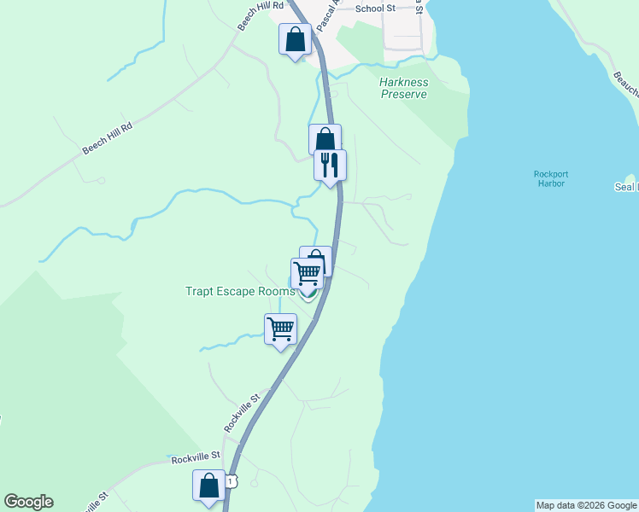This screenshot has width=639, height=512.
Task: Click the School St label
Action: [x=376, y=9]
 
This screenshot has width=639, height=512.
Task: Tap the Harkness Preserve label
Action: [x=403, y=88]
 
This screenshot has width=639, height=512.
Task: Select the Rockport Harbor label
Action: [x=551, y=180]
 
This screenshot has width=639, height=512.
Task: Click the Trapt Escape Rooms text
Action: [x=240, y=291]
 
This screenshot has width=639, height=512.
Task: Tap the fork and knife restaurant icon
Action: [x=331, y=164]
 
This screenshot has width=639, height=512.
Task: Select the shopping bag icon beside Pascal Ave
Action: [x=295, y=39]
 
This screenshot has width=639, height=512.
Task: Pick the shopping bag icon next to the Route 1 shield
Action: [x=209, y=486]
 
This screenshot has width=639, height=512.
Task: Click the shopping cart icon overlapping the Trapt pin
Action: [x=307, y=273]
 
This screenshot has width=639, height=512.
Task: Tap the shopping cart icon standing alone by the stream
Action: [x=280, y=329]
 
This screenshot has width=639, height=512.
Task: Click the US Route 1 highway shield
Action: [x=231, y=482]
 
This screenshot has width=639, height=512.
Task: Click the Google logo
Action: [x=28, y=502]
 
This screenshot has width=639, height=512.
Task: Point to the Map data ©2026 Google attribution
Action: [x=586, y=505]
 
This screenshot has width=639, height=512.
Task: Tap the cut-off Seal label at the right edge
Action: [x=626, y=187]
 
